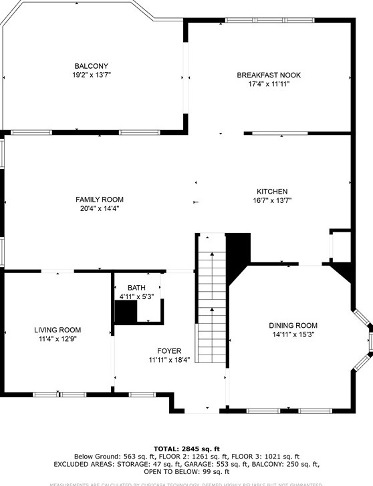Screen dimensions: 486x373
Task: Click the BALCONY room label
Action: tap(92, 66)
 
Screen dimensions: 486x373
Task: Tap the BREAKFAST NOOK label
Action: tap(269, 75)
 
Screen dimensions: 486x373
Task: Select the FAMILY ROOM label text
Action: tap(100, 200)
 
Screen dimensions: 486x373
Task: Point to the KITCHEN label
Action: tap(273, 191)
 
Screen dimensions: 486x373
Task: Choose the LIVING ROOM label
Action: tap(57, 330)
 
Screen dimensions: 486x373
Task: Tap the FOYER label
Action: tap(169, 350)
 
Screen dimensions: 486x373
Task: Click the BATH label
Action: tap(136, 288)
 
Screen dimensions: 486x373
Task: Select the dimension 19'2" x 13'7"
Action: tap(92, 75)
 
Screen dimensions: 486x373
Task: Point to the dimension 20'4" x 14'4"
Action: tap(100, 208)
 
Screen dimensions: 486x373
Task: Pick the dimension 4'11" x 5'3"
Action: tap(136, 296)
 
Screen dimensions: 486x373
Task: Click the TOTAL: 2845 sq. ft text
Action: tap(186, 449)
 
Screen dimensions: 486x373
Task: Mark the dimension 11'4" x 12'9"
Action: tap(57, 338)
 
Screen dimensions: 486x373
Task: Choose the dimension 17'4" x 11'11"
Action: tap(269, 84)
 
